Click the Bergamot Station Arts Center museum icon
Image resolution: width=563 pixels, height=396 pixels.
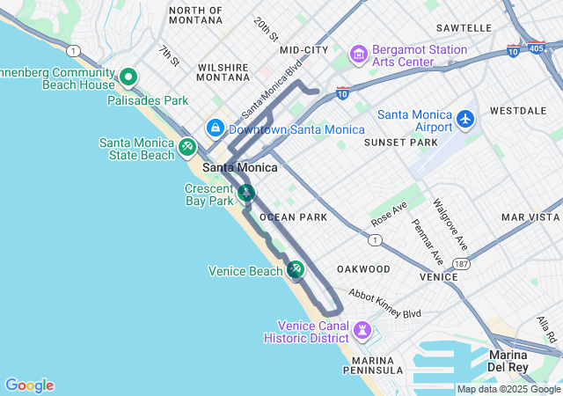(x=358, y=55)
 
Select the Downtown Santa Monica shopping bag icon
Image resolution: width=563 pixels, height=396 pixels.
(x=215, y=128)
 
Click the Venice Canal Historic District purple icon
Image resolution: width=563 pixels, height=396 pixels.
(x=362, y=332)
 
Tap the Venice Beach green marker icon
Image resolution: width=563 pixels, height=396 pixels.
(x=296, y=269)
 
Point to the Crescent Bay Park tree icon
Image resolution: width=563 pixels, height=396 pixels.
(x=247, y=193)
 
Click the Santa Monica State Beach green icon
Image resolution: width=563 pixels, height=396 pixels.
(x=186, y=147)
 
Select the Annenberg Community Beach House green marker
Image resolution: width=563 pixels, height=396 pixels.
(x=128, y=77)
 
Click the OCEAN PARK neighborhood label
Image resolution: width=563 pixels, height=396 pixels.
(x=293, y=216)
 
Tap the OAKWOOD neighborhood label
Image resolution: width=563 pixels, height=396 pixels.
(x=362, y=268)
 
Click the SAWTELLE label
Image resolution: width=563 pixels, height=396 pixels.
(x=463, y=28)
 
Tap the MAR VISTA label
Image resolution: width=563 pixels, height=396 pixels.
(x=530, y=216)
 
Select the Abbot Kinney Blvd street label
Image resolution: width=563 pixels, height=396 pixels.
(x=384, y=304)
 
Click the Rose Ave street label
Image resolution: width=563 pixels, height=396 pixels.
(x=389, y=212)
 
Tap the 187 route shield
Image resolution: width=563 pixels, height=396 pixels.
(x=461, y=263)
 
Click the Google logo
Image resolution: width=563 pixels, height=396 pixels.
(x=29, y=385)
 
